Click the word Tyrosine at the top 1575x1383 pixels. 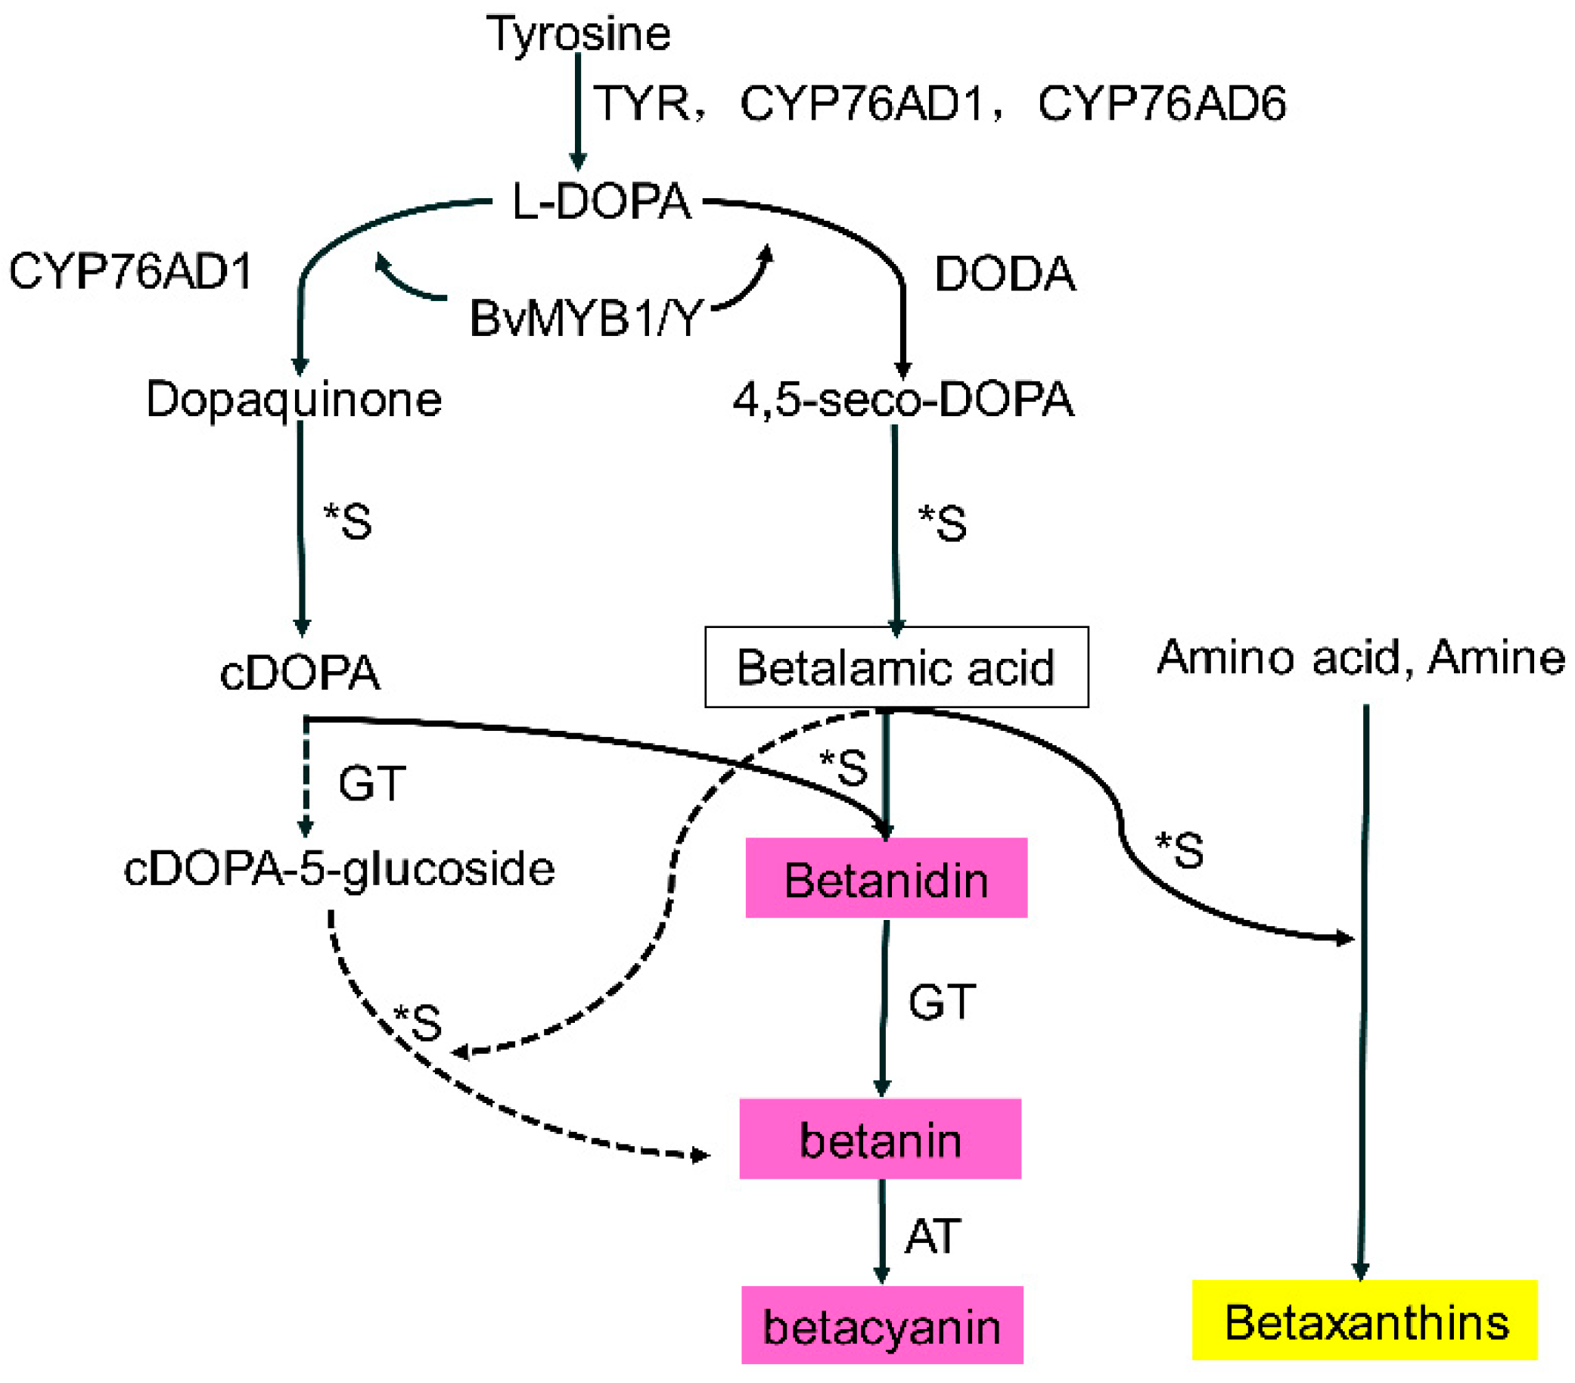(578, 35)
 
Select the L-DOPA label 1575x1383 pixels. (602, 203)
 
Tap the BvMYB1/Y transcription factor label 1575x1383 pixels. (586, 319)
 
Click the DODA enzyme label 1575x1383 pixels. (1004, 275)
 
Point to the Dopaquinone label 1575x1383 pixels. (294, 400)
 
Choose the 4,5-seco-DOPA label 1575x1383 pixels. (902, 400)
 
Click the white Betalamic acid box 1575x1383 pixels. (896, 667)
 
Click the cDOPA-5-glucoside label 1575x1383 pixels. (339, 869)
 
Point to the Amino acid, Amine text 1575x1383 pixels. (1360, 658)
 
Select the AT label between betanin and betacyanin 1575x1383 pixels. (932, 1235)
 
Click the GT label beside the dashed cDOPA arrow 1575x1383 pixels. (371, 784)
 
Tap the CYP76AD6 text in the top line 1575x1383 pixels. (1161, 104)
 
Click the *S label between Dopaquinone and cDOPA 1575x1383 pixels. (348, 521)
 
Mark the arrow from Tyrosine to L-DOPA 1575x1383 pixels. (578, 112)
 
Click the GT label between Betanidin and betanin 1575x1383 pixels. (942, 1002)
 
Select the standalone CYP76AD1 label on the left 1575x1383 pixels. (131, 272)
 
